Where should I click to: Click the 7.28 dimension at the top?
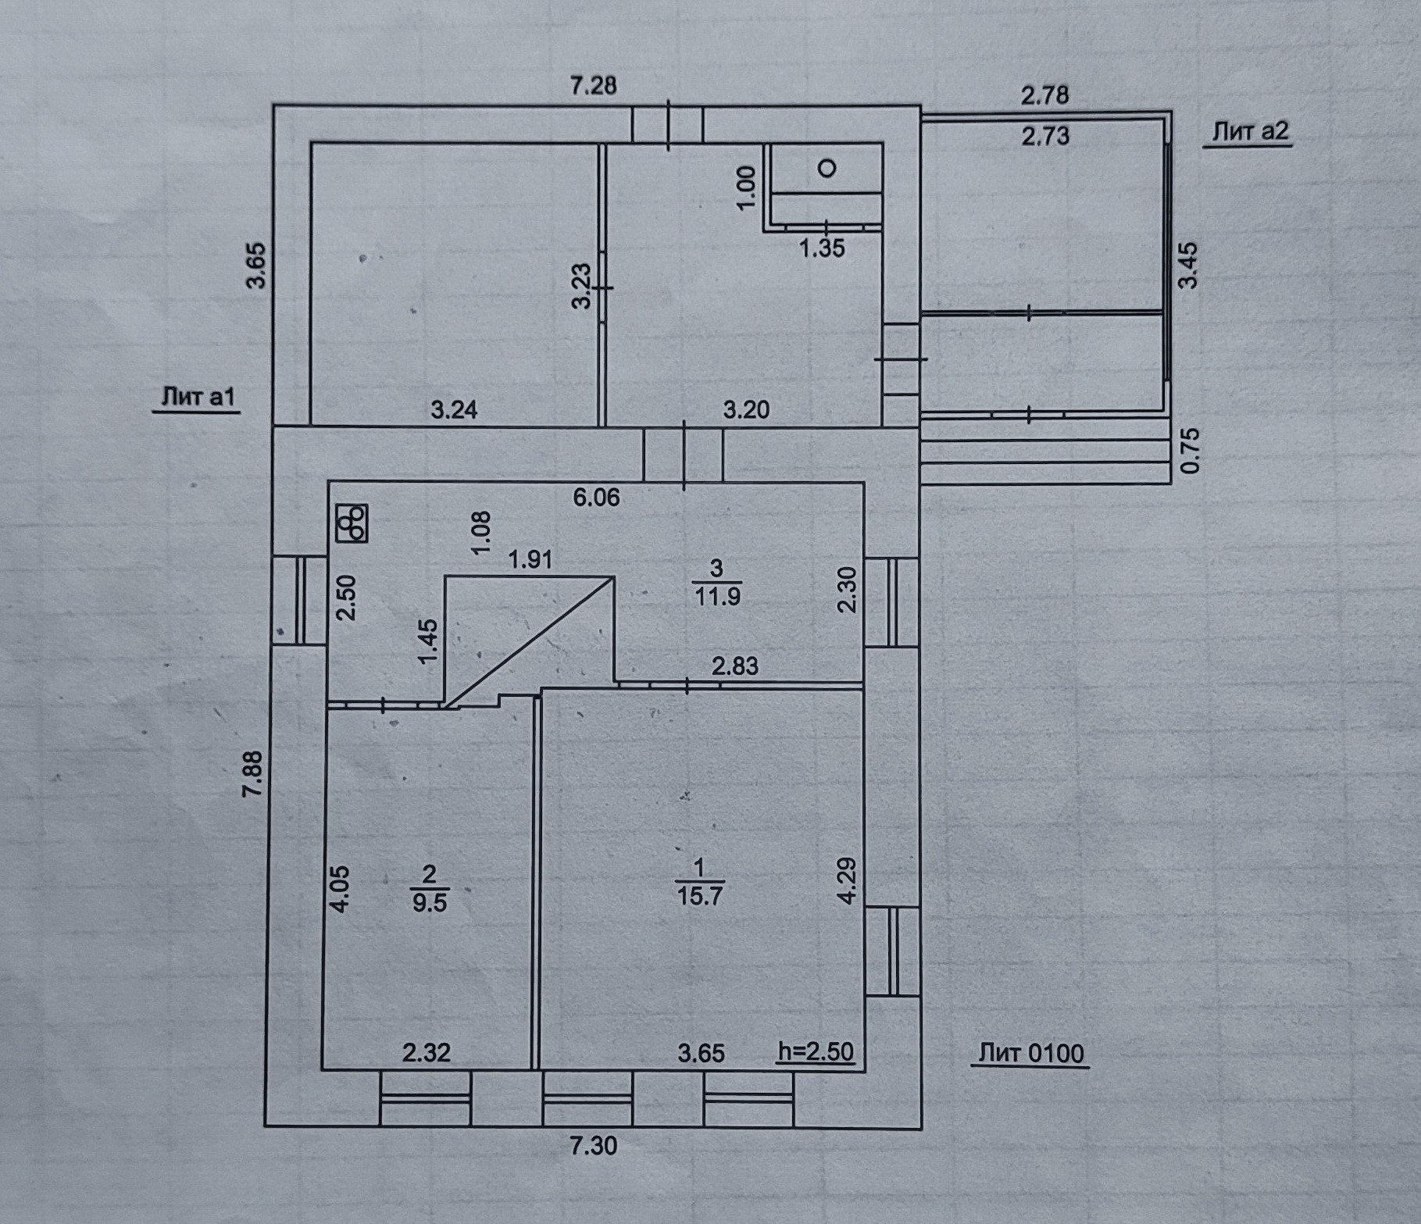[593, 84]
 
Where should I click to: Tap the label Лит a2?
[1250, 131]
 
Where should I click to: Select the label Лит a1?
[198, 397]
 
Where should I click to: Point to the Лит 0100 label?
[1031, 1054]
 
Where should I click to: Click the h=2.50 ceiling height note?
[816, 1051]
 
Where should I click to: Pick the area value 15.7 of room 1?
[699, 896]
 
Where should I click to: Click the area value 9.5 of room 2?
[429, 903]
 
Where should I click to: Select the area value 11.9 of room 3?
[717, 597]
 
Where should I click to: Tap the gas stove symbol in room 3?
[352, 523]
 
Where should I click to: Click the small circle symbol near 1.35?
[827, 168]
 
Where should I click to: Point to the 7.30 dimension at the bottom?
[593, 1146]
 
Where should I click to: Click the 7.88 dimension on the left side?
[254, 773]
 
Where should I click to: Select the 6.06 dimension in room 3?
[596, 498]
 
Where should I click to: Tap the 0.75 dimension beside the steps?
[1190, 451]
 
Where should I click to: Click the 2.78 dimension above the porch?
[1044, 95]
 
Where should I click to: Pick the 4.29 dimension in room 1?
[848, 880]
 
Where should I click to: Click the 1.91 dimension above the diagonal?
[530, 559]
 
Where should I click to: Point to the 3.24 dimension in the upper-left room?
[454, 409]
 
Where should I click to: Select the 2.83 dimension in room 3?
[734, 666]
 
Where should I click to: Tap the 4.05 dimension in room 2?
[341, 888]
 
